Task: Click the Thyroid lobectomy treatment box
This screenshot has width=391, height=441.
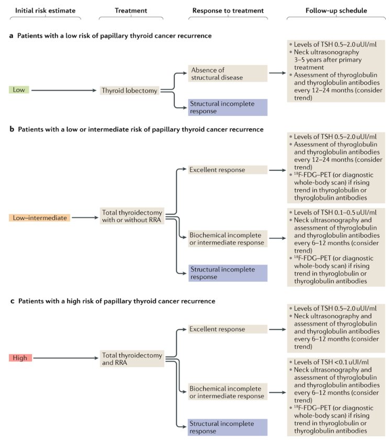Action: pos(129,91)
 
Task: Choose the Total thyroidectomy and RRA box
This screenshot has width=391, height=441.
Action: pos(131,358)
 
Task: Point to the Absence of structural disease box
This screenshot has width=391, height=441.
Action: pos(228,74)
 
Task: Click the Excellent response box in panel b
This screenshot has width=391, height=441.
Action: pos(228,170)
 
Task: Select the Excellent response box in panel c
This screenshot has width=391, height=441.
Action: pos(228,329)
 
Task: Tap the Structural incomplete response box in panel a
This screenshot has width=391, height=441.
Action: pos(228,107)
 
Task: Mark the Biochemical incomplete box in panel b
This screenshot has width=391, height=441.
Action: pos(228,239)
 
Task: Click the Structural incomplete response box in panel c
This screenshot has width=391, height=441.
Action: pos(228,427)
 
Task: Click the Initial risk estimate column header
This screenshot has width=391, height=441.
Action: pos(45,10)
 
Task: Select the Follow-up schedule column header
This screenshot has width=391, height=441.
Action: pos(335,10)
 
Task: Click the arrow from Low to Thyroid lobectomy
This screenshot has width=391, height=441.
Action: pos(65,91)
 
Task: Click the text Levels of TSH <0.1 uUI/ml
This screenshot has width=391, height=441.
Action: pos(336,362)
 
